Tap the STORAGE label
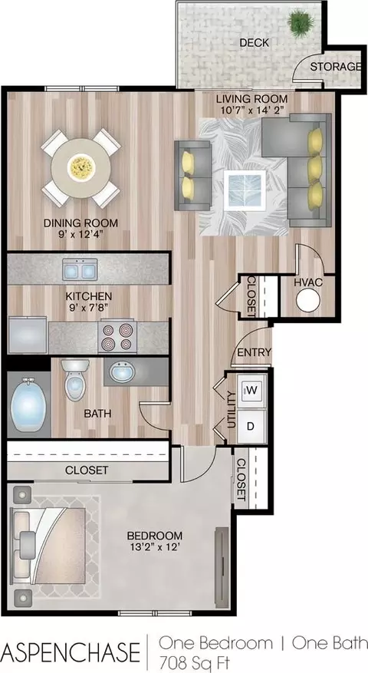click(x=335, y=67)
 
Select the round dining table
click(x=81, y=168)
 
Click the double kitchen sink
click(x=80, y=270)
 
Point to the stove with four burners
click(x=117, y=336)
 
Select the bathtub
click(x=28, y=404)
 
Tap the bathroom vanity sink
click(x=122, y=372)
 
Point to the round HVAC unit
click(x=308, y=300)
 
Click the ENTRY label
click(x=255, y=352)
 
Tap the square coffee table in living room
click(x=245, y=190)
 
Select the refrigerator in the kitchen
click(x=28, y=335)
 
